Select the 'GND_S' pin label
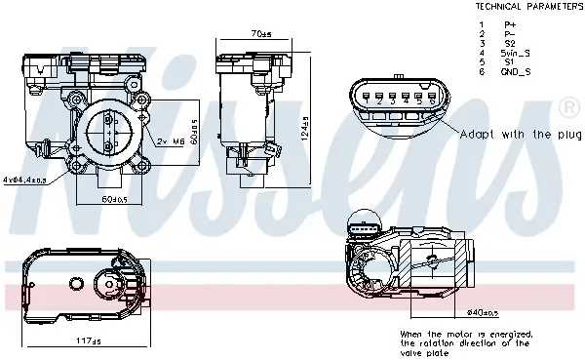(515, 71)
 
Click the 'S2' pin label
(509, 43)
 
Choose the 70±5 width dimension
(260, 34)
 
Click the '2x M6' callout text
(172, 141)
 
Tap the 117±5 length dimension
(89, 340)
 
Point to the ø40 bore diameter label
(484, 313)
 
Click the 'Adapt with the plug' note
(519, 134)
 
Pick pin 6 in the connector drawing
(431, 99)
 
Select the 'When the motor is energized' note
(466, 338)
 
